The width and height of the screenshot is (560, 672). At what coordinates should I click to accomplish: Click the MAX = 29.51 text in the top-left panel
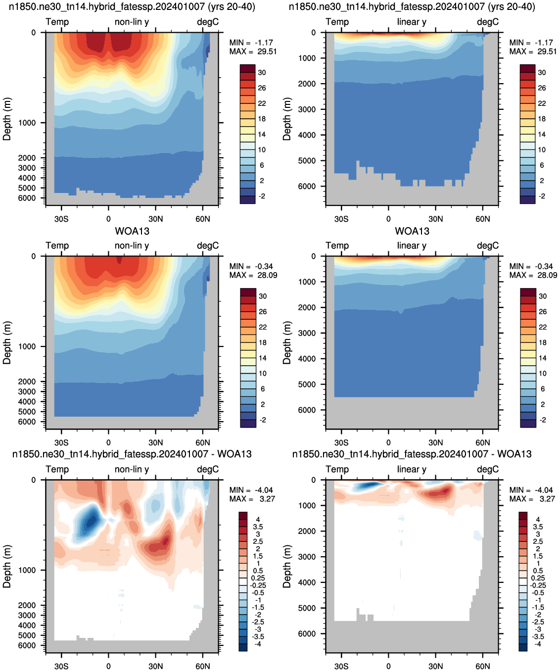point(253,51)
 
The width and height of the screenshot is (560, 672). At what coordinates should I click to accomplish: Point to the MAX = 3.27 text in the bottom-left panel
point(252,498)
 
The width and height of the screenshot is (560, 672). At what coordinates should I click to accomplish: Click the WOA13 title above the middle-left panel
point(132,231)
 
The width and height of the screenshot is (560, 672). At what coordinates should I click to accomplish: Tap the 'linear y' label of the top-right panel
point(412,22)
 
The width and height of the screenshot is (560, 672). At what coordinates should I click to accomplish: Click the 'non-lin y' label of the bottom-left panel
point(132,469)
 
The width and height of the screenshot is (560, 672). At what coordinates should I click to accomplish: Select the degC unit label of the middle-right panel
point(488,245)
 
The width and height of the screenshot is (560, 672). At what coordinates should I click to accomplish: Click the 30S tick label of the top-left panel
point(61,219)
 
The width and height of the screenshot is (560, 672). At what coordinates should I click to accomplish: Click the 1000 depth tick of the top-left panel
point(27,123)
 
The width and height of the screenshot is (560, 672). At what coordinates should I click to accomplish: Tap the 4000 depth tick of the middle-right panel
point(307,359)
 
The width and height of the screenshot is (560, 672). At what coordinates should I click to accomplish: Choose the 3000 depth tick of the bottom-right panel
point(307,557)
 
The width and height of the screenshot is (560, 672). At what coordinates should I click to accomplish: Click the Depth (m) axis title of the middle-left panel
point(7,342)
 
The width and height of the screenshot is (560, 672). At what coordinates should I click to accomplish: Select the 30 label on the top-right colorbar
point(542,72)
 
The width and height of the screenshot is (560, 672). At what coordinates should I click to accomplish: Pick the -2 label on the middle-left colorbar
point(263,420)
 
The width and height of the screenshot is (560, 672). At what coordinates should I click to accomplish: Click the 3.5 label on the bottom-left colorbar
point(258,527)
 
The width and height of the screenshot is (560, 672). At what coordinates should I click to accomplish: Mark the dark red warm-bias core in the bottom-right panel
point(443,491)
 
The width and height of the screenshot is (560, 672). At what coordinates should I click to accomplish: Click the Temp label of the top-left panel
point(57,22)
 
